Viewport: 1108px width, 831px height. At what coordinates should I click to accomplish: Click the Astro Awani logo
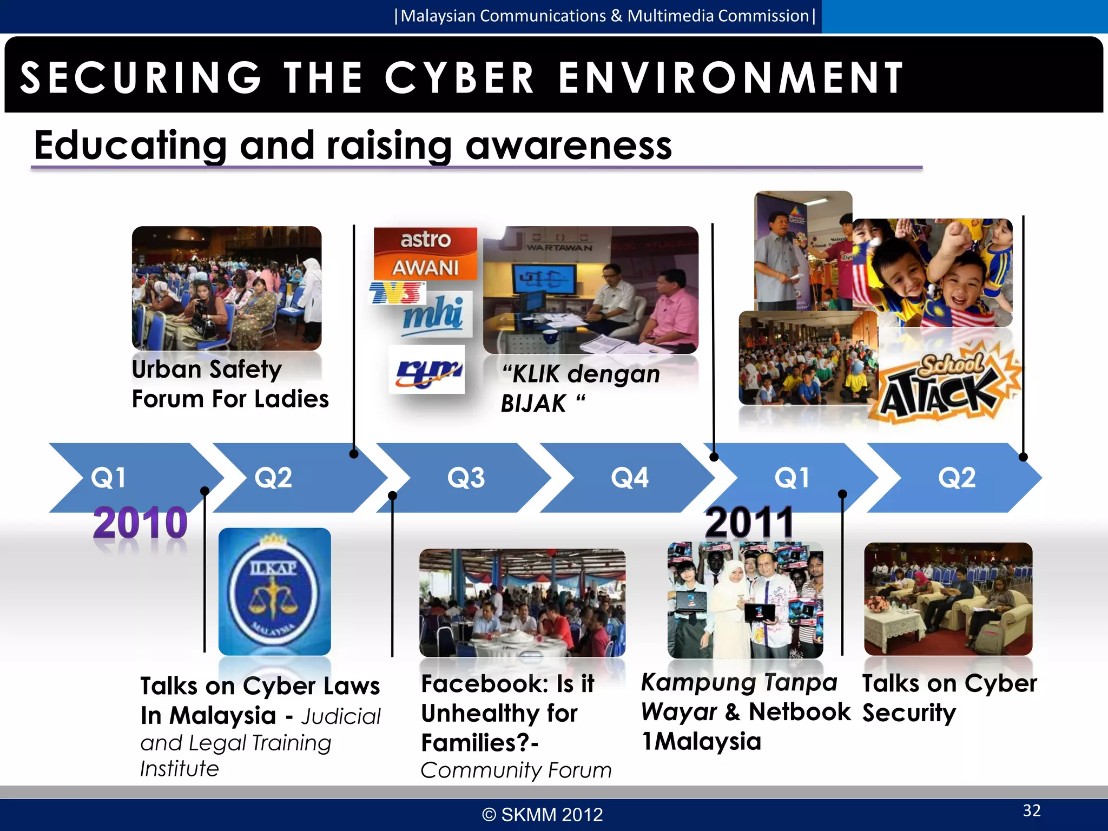(425, 253)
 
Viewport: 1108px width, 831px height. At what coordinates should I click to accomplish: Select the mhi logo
(433, 314)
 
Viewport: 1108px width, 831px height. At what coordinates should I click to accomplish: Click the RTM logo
(427, 370)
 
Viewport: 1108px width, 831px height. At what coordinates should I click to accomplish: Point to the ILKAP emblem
(274, 591)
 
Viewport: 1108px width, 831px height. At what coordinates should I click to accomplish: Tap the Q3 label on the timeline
(466, 478)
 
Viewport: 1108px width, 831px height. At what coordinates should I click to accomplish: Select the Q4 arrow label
(629, 478)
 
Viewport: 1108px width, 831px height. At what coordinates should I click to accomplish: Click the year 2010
(140, 523)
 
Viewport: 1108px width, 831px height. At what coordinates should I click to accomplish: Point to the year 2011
(749, 523)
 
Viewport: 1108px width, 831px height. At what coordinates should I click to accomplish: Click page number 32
(1032, 810)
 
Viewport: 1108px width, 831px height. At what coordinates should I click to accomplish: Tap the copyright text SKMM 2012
(543, 815)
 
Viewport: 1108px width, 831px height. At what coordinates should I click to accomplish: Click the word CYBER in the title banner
(459, 77)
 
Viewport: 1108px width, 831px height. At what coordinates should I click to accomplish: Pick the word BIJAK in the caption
(533, 404)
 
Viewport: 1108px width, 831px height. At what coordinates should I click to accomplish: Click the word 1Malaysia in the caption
(701, 741)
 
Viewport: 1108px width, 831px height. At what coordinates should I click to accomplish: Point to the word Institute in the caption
(180, 769)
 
